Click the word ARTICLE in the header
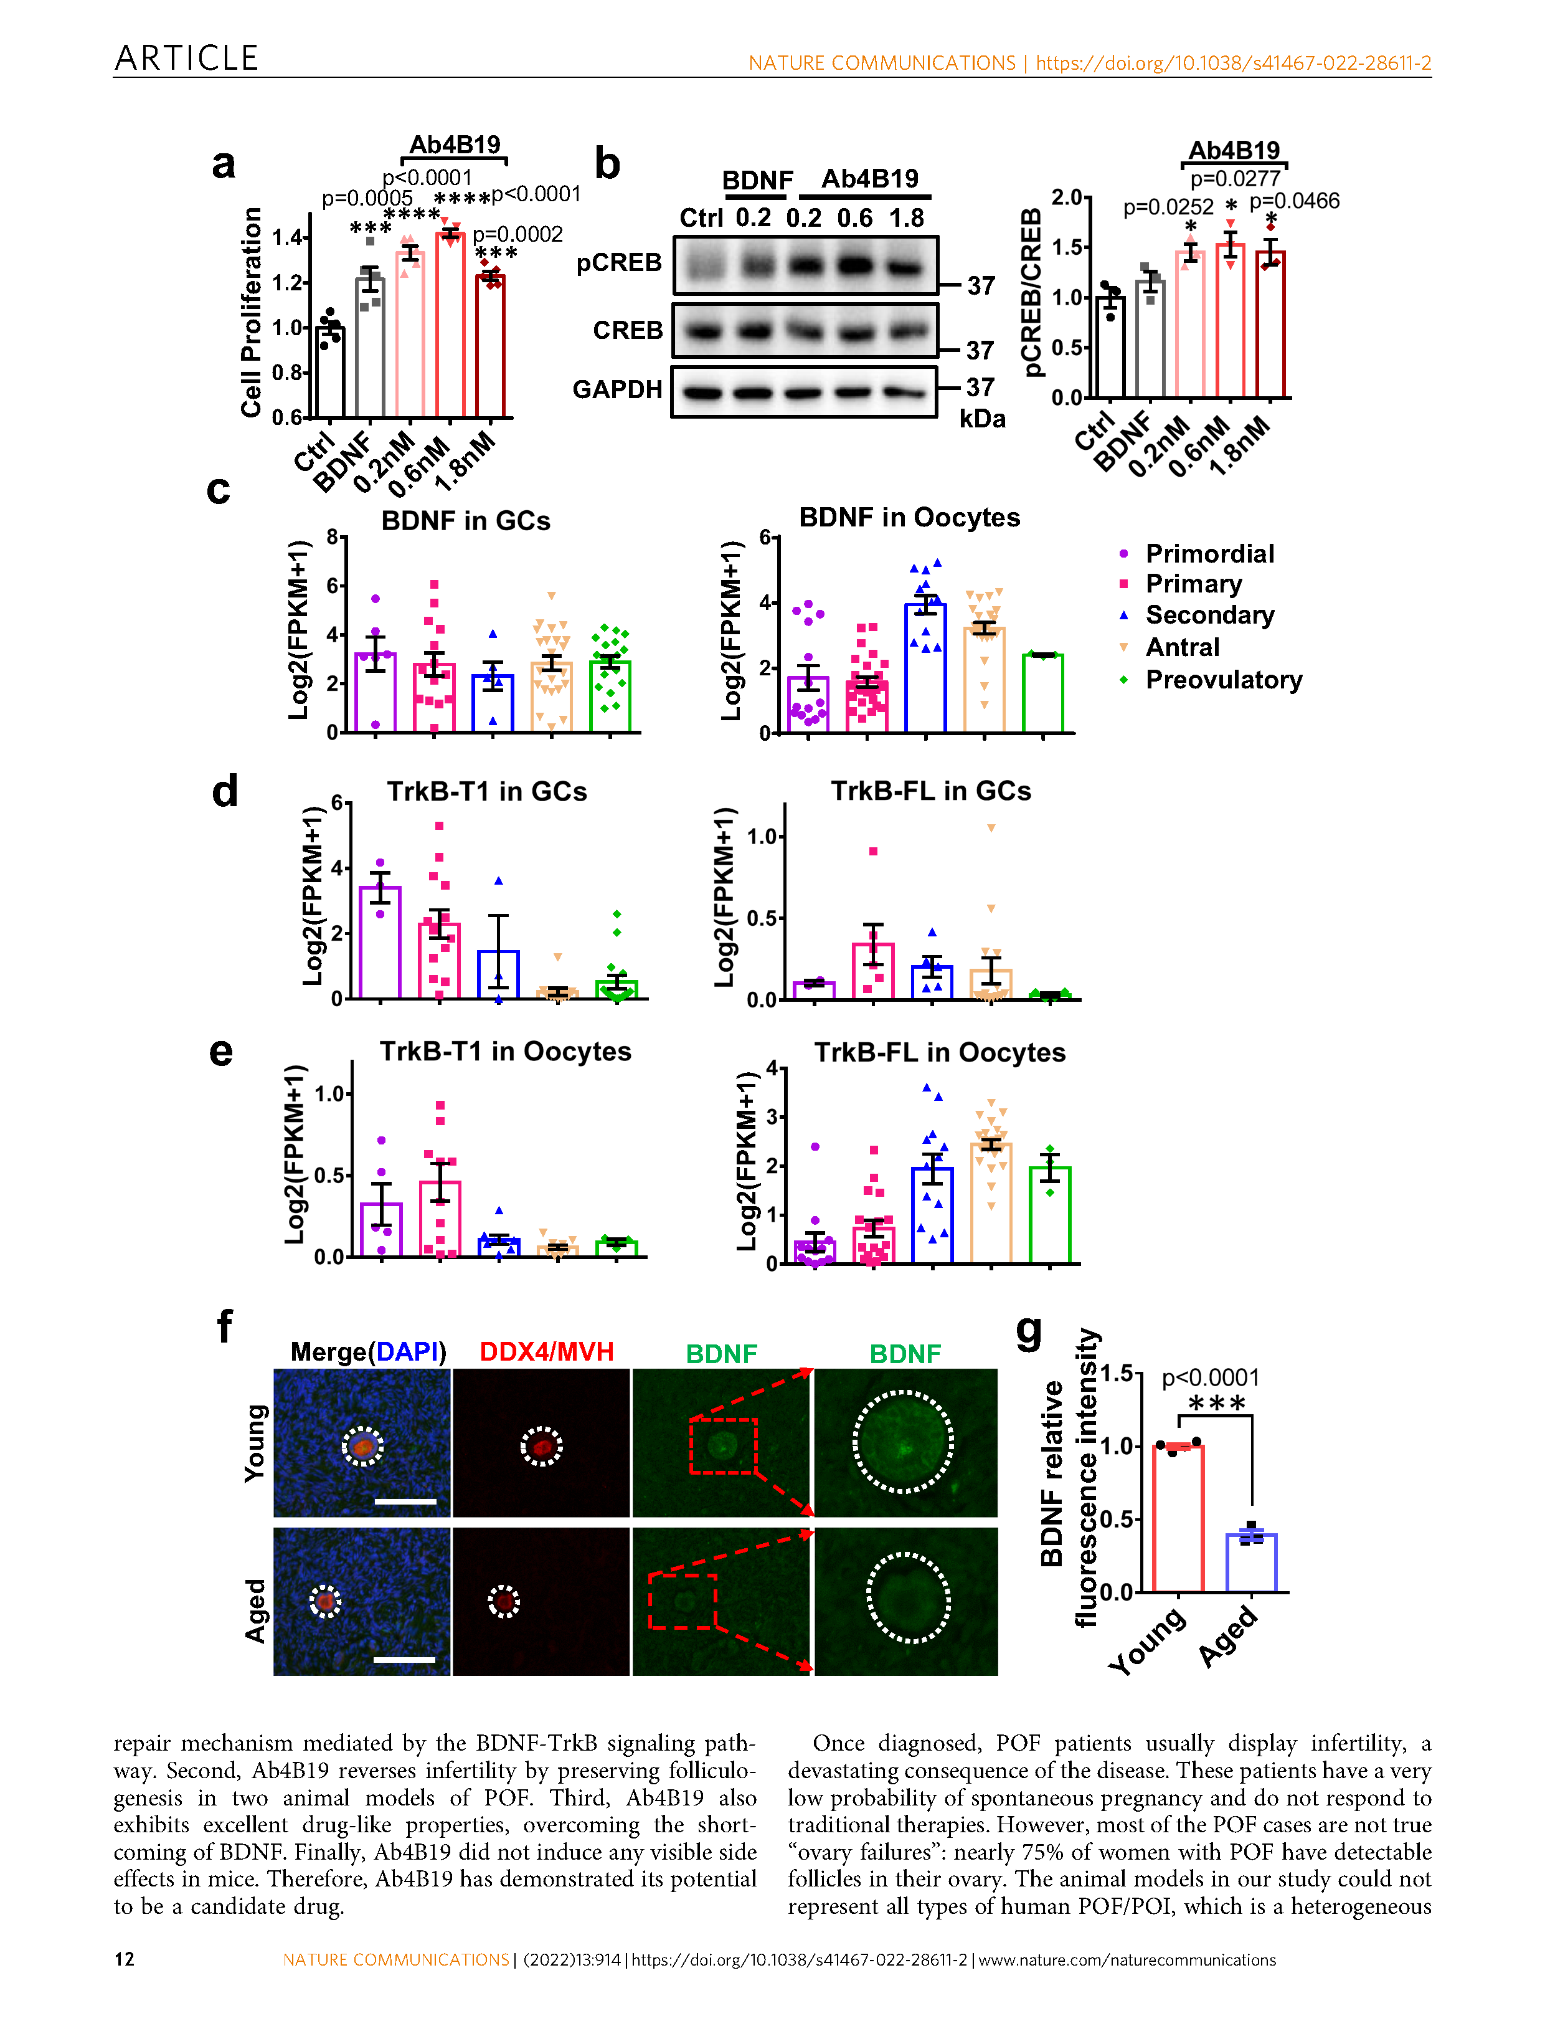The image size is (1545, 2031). point(187,58)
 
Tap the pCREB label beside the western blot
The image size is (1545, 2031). point(619,263)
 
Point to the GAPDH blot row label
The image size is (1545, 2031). point(617,390)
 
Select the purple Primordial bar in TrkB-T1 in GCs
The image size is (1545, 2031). point(380,942)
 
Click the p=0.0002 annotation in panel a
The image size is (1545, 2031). point(517,234)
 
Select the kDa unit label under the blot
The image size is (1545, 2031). point(982,419)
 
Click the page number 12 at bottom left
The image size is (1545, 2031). point(124,1959)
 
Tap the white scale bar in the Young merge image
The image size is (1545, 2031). point(405,1502)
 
